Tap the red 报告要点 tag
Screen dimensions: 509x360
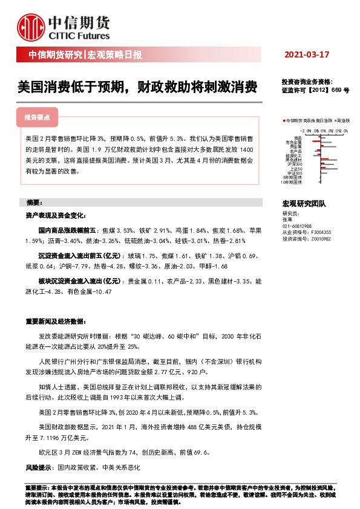pos(37,117)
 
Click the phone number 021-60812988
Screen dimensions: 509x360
pos(297,225)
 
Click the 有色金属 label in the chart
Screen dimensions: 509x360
pos(296,142)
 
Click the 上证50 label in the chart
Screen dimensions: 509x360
pos(296,168)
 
